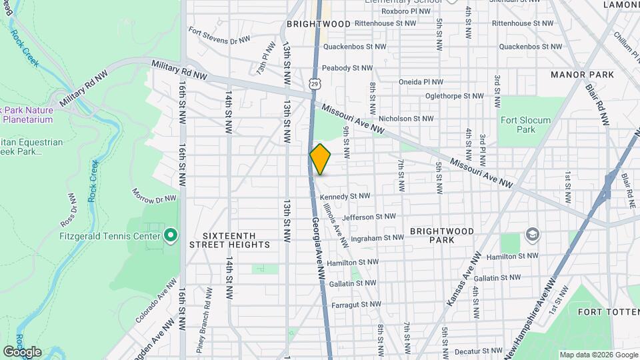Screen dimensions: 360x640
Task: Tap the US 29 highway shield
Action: (x=314, y=82)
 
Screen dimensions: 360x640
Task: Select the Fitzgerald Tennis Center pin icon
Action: (x=170, y=235)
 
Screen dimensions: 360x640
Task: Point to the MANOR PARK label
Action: (x=582, y=75)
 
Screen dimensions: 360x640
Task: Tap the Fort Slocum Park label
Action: (x=526, y=125)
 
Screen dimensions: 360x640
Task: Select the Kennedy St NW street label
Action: (x=345, y=196)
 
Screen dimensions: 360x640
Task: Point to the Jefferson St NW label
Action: (x=369, y=217)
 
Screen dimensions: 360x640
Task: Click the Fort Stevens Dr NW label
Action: (x=219, y=35)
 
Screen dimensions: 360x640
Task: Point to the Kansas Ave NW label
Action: (x=463, y=279)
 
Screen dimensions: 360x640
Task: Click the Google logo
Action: (x=22, y=351)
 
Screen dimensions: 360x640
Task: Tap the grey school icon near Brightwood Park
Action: (x=532, y=234)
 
